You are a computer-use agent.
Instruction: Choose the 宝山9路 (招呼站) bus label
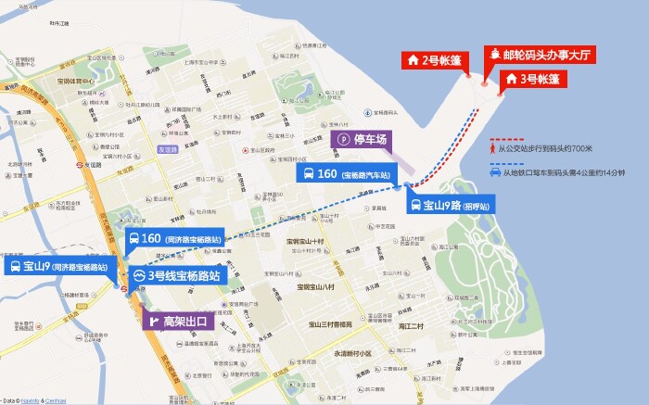tap(451, 206)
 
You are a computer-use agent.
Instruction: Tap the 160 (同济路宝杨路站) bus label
tap(175, 239)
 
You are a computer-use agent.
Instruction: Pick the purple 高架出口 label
tap(176, 322)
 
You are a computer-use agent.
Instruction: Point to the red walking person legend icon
tap(493, 146)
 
